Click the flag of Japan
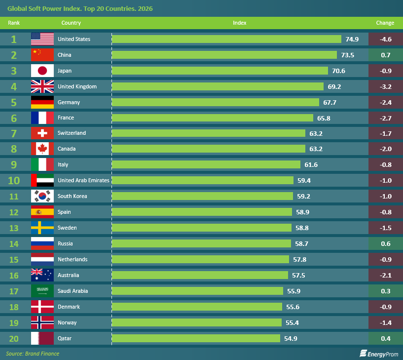click(x=42, y=71)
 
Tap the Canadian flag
click(x=42, y=149)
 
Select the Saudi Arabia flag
click(x=42, y=291)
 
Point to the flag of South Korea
click(x=42, y=196)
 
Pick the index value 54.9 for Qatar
click(x=291, y=338)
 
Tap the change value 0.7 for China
click(x=386, y=55)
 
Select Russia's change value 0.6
click(x=386, y=243)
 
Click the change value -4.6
click(x=386, y=39)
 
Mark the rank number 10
click(x=14, y=180)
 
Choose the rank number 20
click(x=14, y=338)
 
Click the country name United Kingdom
click(x=77, y=86)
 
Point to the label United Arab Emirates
click(x=83, y=180)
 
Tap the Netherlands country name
click(x=73, y=259)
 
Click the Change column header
click(x=385, y=23)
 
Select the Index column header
click(x=240, y=23)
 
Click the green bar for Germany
click(x=216, y=102)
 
